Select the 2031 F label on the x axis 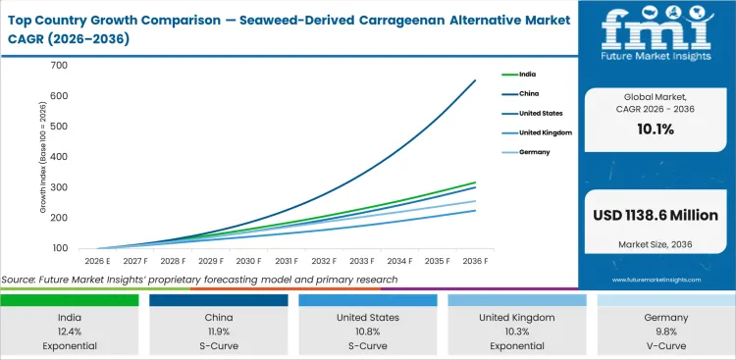tap(286, 262)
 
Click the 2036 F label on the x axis tap(475, 262)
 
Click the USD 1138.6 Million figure tap(657, 215)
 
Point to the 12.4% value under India tap(69, 333)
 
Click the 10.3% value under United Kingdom tap(516, 333)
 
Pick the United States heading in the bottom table tap(367, 319)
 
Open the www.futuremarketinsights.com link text tap(657, 280)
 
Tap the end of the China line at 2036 tap(475, 80)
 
